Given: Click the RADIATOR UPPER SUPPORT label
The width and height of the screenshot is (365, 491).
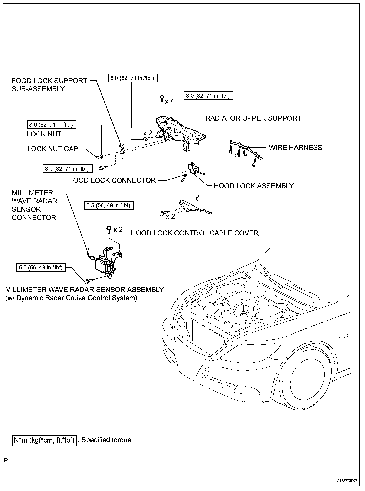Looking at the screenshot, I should [253, 118].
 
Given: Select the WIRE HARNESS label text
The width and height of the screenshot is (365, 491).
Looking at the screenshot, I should [295, 147].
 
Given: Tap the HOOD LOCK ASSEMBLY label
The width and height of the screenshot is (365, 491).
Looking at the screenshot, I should [253, 186].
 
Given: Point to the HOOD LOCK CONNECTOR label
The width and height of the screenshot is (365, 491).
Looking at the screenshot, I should [112, 180].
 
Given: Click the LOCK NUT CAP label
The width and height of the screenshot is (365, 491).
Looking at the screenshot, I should [53, 149].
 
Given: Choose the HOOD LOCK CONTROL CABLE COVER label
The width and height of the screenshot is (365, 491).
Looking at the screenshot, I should [195, 233].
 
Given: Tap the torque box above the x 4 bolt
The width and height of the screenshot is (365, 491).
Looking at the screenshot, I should [208, 96].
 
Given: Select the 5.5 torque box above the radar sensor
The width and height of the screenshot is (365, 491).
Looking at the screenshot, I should [109, 205].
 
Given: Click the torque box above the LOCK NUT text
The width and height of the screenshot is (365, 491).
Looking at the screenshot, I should [51, 124].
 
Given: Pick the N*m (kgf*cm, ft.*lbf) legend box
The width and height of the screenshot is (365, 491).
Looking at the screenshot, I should [44, 447].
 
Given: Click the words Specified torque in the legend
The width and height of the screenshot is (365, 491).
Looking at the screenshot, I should [106, 447].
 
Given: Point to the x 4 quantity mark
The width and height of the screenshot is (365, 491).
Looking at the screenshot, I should [169, 101].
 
